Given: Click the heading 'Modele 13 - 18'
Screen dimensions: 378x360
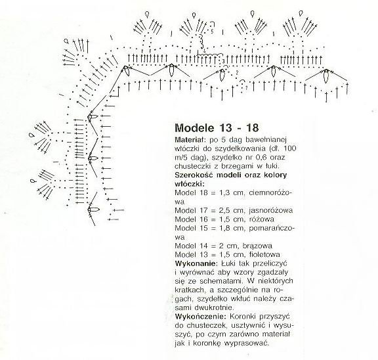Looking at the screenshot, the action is pos(217,127).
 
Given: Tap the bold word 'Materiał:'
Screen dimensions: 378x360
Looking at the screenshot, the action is pos(189,140).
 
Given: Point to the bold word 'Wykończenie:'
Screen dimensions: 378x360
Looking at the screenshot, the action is pos(201,317).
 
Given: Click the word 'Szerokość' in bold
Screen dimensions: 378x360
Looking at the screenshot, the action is pos(194,175).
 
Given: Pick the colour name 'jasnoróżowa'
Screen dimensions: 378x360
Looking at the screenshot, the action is pos(271,210).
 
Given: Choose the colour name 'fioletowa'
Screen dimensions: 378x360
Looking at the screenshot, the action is pos(264,254).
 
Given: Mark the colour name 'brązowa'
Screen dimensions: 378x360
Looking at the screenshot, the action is pos(257,246).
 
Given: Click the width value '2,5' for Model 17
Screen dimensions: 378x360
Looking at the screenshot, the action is pos(224,210).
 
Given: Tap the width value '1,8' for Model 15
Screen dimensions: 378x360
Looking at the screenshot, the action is pos(224,228).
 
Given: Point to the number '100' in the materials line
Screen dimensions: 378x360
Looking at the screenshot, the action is pos(290,148).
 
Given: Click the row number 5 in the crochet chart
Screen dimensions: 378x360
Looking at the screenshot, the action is pos(212,31).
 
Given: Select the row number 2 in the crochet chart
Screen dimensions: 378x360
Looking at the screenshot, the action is pos(237,72).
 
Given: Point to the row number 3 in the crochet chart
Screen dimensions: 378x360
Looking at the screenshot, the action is pos(224,61).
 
